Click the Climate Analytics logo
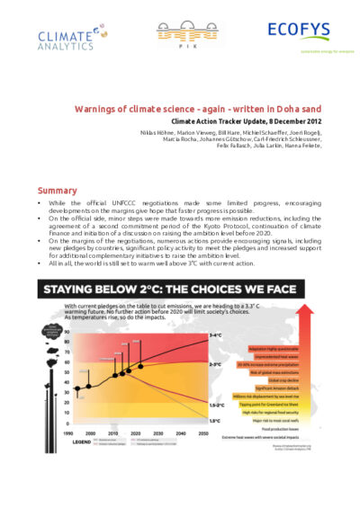pos(65,34)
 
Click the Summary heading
pos(56,191)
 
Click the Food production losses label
pos(279,428)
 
